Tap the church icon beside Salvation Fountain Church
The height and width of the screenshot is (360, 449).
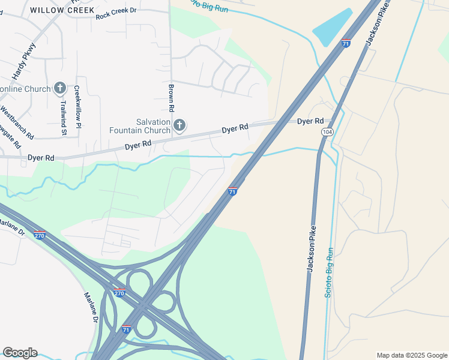(179, 125)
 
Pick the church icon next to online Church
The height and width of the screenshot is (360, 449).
(59, 89)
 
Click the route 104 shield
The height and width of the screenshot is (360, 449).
(327, 131)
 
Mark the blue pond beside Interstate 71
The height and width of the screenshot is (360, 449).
(333, 28)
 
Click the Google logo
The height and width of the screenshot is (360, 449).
(20, 353)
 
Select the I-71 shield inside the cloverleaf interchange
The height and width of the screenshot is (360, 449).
(126, 329)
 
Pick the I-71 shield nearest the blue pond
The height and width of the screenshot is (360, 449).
(345, 43)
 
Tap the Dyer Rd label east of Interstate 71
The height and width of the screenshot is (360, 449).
(310, 121)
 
